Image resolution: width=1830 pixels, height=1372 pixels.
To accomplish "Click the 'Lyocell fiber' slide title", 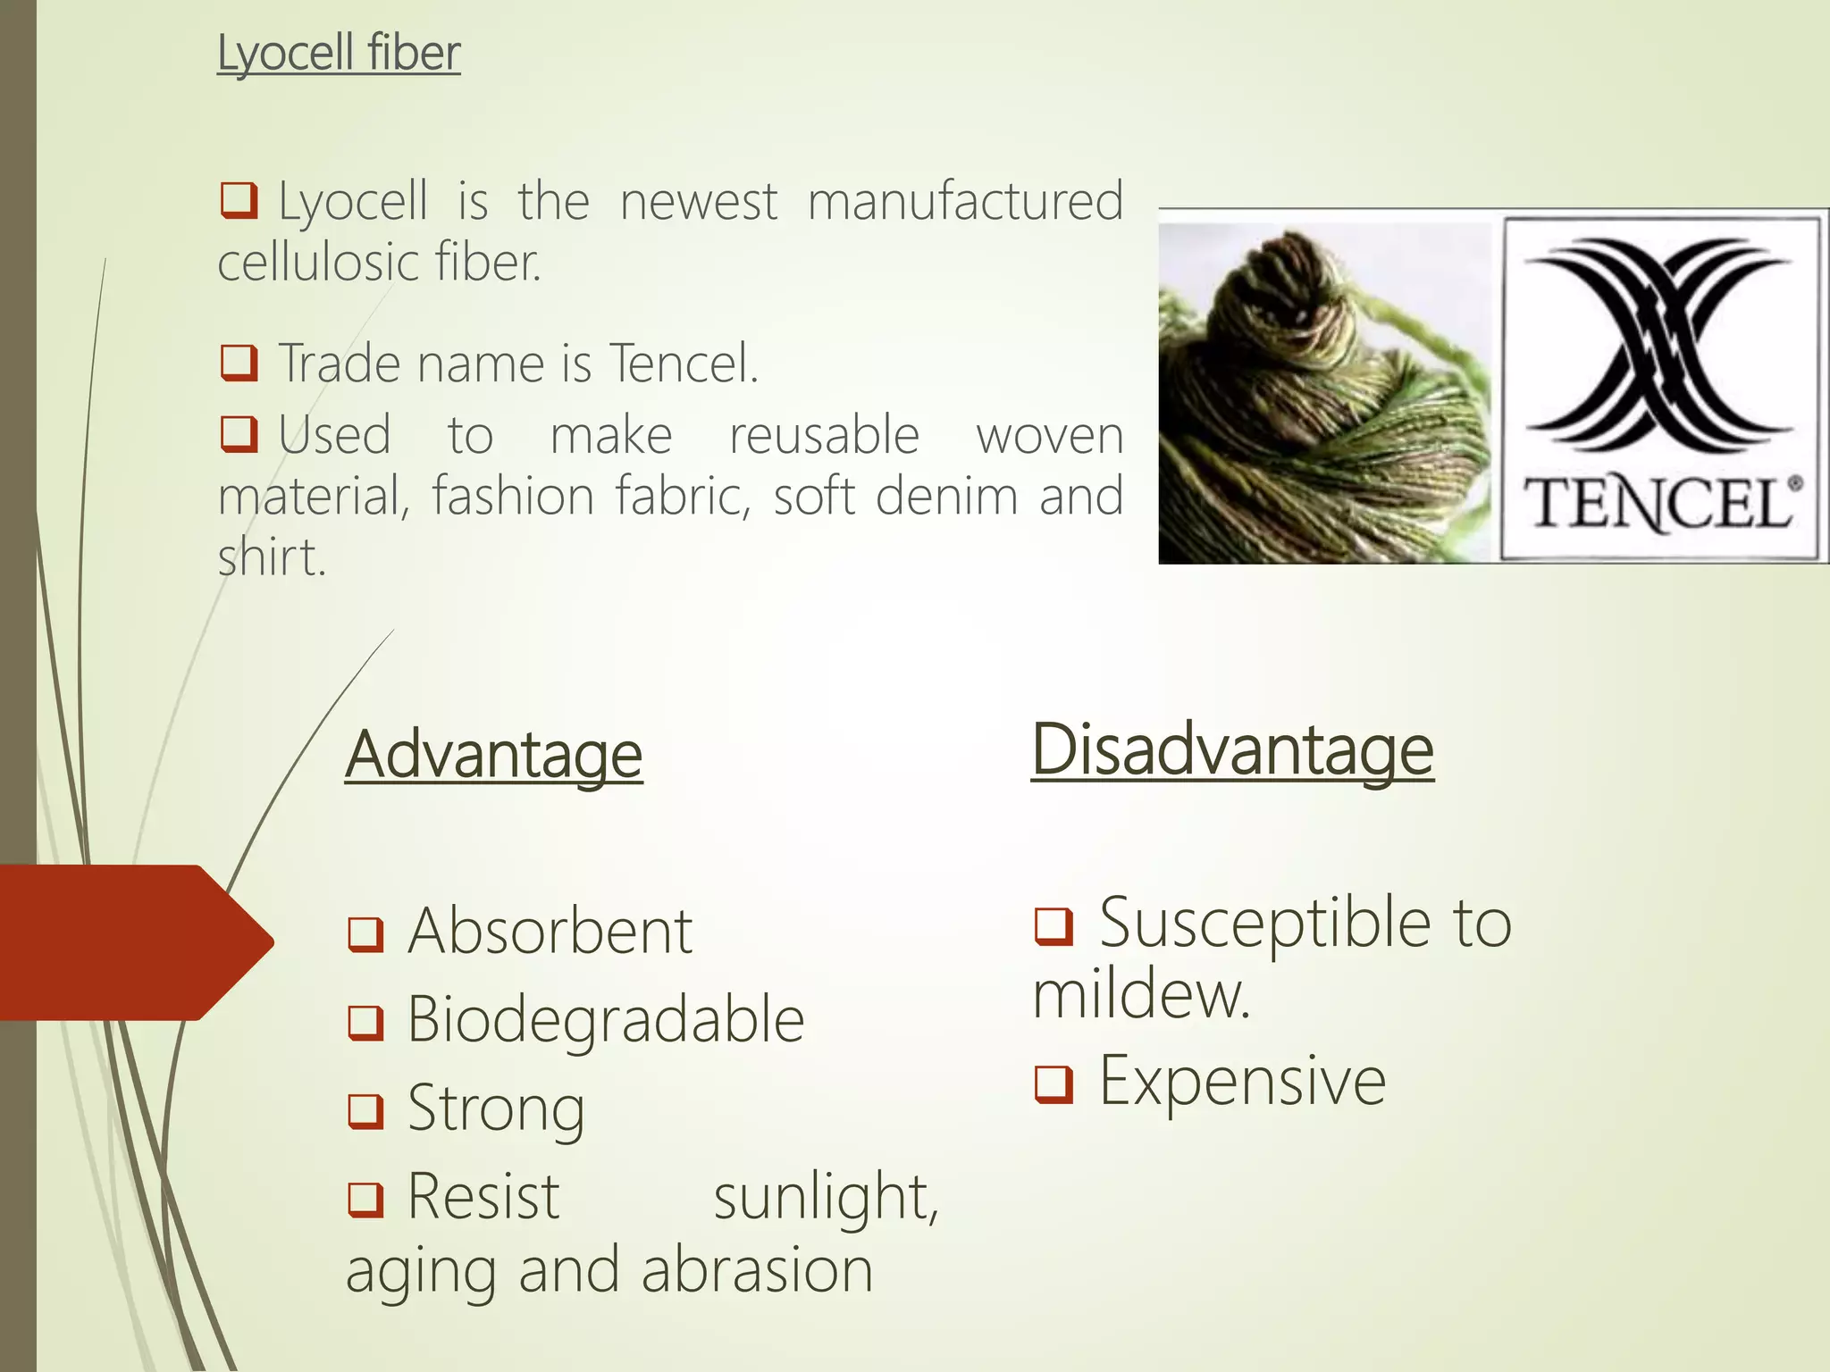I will click(x=339, y=53).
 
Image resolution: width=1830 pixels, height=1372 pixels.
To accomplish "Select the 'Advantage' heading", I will click(x=493, y=755).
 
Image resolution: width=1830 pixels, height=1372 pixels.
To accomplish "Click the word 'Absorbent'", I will click(x=550, y=932).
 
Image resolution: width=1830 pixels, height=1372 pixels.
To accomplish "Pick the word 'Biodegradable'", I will click(x=606, y=1019).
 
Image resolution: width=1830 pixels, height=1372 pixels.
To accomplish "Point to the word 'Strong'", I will click(x=496, y=1108).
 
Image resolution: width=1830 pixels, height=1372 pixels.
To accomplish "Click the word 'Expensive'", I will click(x=1242, y=1082).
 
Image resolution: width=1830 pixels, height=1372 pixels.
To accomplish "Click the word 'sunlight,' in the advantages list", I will click(x=826, y=1197).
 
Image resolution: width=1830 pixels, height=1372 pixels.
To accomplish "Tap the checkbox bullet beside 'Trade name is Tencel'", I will click(x=239, y=364).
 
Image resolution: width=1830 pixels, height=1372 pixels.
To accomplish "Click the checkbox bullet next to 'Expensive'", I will click(x=1054, y=1084).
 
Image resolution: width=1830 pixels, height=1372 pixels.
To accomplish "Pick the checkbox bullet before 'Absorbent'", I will click(x=365, y=934).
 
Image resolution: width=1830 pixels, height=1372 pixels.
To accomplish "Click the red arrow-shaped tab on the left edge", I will click(x=134, y=942).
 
